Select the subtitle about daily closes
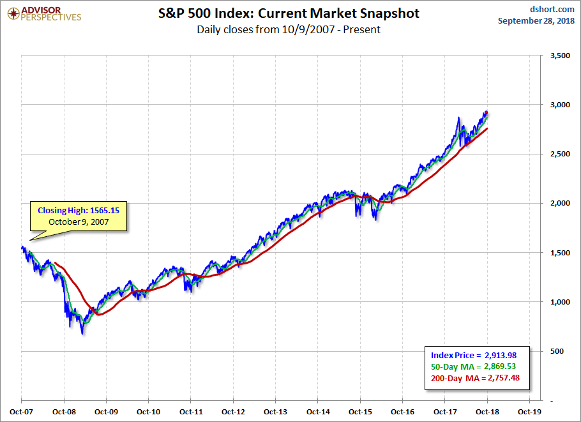coord(289,29)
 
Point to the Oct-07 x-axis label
coord(21,412)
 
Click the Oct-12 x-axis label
coord(233,412)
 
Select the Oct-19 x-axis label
coord(529,412)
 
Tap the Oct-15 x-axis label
coord(360,412)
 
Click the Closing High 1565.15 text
coord(79,209)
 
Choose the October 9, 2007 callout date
coord(79,221)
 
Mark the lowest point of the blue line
coord(82,334)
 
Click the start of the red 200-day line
coord(56,262)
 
